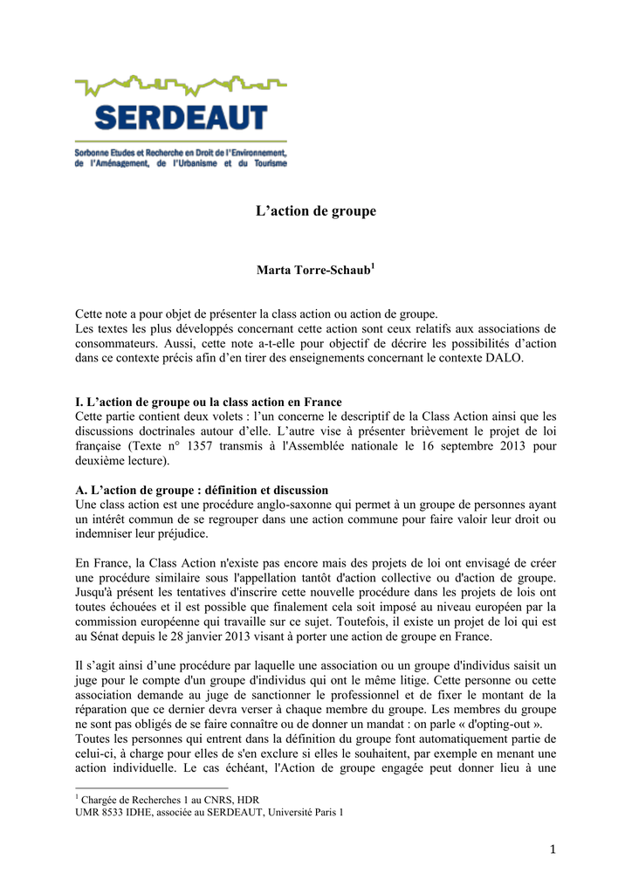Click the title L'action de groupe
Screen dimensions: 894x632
pyautogui.click(x=315, y=212)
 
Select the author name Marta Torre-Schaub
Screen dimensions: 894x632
pyautogui.click(x=313, y=270)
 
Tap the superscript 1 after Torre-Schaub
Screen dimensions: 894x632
pyautogui.click(x=373, y=264)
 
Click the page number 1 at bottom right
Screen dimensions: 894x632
pyautogui.click(x=551, y=850)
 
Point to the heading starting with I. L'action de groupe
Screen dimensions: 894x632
pyautogui.click(x=209, y=402)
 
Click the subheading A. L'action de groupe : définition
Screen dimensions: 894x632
pyautogui.click(x=202, y=491)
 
